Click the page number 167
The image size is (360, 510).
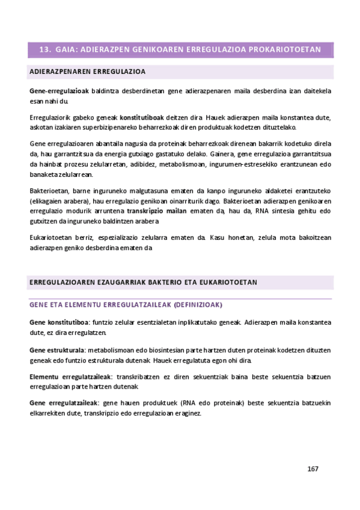pos(312,469)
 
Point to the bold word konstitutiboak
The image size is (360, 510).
pos(142,117)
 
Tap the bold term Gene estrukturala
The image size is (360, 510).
pos(56,349)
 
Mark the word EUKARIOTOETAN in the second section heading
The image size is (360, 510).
pos(228,281)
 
